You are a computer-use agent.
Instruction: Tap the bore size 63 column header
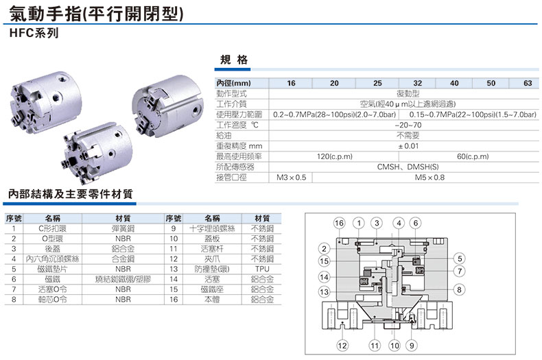tap(527, 83)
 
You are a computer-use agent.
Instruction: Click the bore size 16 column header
tap(291, 83)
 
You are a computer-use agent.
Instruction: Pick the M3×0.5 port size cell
tap(291, 177)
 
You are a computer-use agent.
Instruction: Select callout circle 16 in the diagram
tap(339, 223)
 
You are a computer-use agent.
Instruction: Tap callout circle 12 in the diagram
tap(342, 344)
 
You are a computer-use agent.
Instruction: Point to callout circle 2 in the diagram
tap(324, 248)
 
